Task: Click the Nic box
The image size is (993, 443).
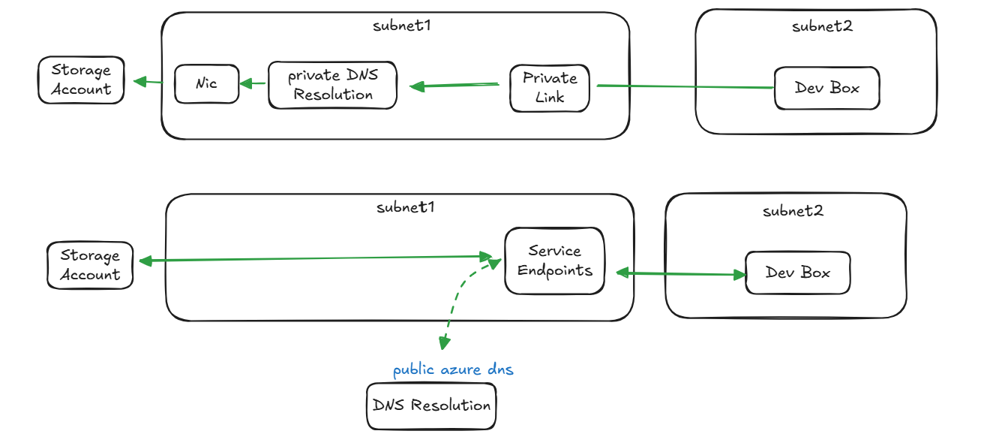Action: pos(206,83)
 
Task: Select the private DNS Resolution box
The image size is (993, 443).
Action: pos(332,86)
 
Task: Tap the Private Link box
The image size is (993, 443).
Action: pos(550,88)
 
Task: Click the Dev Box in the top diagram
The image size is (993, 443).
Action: pos(826,88)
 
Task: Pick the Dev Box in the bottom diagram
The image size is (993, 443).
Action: pos(797,273)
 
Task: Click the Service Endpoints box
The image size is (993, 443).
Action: pos(554,261)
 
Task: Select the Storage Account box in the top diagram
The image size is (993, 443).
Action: pos(81,80)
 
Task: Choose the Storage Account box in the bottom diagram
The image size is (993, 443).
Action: pos(90,265)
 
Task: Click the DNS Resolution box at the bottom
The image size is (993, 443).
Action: pos(431,405)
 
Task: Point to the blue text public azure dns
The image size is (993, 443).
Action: pos(453,370)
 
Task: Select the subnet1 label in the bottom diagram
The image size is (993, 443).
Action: pos(405,207)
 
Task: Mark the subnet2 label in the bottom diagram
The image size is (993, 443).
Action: pos(793,211)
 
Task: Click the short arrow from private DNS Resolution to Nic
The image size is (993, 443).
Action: pos(253,83)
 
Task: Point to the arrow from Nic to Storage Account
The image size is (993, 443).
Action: pos(148,81)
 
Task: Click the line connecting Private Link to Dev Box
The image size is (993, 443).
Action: pos(682,87)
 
